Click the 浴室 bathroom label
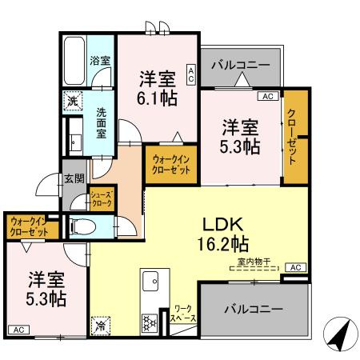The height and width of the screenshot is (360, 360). (100, 60)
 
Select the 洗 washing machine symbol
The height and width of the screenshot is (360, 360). (72, 102)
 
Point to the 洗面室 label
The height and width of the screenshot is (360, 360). (102, 123)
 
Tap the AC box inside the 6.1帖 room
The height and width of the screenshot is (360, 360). (191, 74)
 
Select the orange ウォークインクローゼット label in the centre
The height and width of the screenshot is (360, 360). (171, 165)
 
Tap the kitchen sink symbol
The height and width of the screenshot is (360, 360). (150, 282)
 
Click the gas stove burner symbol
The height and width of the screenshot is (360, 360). (149, 322)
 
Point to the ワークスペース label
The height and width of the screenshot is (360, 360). (183, 314)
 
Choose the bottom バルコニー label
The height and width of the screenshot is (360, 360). (252, 308)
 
